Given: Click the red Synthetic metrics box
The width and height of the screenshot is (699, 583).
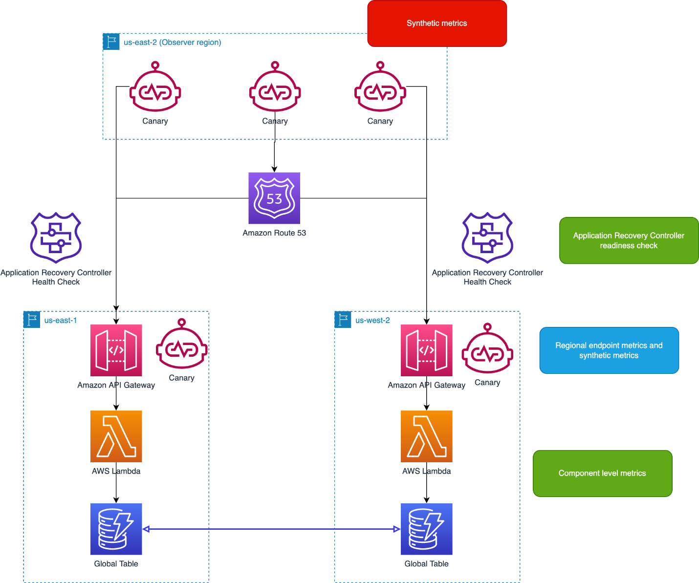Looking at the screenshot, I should tap(437, 23).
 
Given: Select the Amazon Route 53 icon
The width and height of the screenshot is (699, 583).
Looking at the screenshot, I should tap(274, 198).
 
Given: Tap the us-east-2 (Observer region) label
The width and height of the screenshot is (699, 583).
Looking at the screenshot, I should tap(172, 43).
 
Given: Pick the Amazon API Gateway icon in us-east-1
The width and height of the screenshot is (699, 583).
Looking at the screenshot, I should tap(116, 350).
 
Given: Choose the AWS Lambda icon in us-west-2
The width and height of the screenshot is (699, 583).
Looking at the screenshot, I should tap(426, 436).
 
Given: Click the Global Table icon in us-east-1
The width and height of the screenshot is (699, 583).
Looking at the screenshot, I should tap(116, 529).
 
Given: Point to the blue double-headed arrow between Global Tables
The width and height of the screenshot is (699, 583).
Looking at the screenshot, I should tap(271, 529).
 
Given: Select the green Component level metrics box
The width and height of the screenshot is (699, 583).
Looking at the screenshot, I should tap(602, 473).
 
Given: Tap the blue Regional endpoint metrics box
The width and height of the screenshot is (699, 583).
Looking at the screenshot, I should tap(609, 350).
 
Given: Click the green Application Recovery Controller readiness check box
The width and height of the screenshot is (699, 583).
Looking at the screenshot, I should tap(629, 240).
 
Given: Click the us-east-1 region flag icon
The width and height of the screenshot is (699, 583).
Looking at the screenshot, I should tap(32, 320).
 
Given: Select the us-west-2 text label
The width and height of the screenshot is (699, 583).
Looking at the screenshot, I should tap(372, 321).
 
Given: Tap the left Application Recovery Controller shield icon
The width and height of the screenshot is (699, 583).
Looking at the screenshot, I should tap(56, 238).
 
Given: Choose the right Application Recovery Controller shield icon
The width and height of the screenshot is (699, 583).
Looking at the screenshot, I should tap(487, 238).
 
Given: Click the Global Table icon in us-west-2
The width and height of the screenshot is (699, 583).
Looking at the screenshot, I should tap(426, 529).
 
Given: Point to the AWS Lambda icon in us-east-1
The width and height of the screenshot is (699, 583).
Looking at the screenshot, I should tap(116, 436).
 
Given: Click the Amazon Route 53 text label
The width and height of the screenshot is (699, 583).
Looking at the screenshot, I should tap(274, 233).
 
